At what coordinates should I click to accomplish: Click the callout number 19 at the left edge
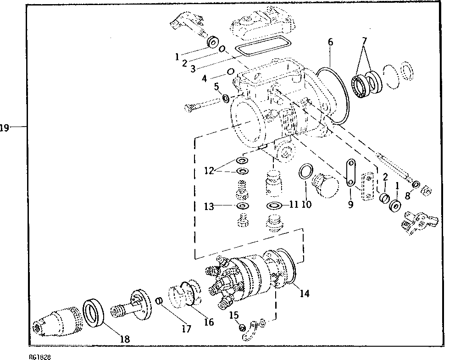(4, 128)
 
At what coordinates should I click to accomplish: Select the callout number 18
(124, 339)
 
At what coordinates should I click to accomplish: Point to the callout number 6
(330, 42)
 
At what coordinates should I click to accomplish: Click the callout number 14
(305, 294)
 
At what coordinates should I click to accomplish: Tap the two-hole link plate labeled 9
(350, 173)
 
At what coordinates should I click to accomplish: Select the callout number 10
(306, 204)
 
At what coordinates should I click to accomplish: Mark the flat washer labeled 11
(274, 205)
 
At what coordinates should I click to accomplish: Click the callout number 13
(210, 206)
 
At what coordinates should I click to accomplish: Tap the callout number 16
(209, 322)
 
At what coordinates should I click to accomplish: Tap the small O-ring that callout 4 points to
(231, 72)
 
